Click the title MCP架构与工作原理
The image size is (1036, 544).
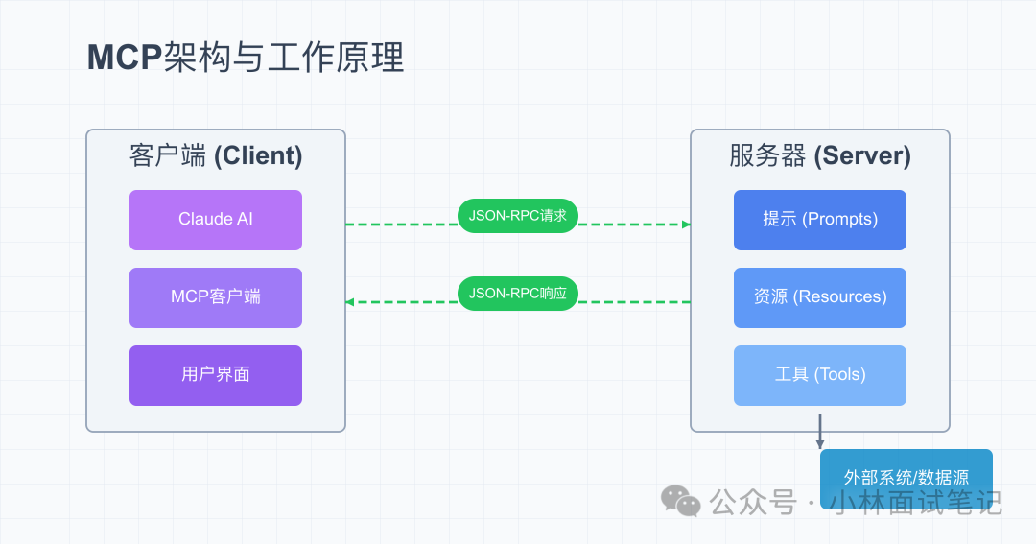point(246,58)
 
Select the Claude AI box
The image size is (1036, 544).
point(216,220)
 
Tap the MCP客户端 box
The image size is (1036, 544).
point(216,297)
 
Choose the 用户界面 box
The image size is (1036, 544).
point(216,375)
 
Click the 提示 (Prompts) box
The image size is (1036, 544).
point(820,220)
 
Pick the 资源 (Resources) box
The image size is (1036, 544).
point(820,297)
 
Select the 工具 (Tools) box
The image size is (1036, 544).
point(820,375)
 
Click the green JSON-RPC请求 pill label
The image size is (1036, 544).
point(518,216)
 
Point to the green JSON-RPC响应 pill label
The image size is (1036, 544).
point(518,294)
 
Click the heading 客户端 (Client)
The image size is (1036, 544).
point(216,156)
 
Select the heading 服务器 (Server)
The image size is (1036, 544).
point(820,156)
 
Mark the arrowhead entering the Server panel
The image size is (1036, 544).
point(686,225)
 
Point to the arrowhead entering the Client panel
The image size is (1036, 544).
point(350,302)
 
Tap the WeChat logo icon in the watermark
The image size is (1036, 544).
point(681,501)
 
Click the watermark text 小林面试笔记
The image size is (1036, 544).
point(915,502)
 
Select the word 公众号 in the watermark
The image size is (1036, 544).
point(753,502)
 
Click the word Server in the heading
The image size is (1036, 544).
point(860,156)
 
